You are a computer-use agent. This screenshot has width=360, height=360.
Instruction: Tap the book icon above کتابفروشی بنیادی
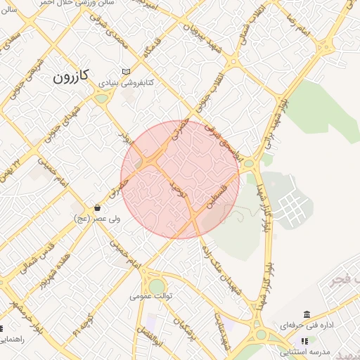pos(126,72)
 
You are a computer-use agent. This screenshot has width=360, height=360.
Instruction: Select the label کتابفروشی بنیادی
pos(126,83)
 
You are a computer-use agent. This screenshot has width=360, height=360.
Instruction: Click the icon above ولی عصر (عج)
pos(97,208)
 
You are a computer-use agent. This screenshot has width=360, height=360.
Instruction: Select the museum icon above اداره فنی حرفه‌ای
pos(307,314)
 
